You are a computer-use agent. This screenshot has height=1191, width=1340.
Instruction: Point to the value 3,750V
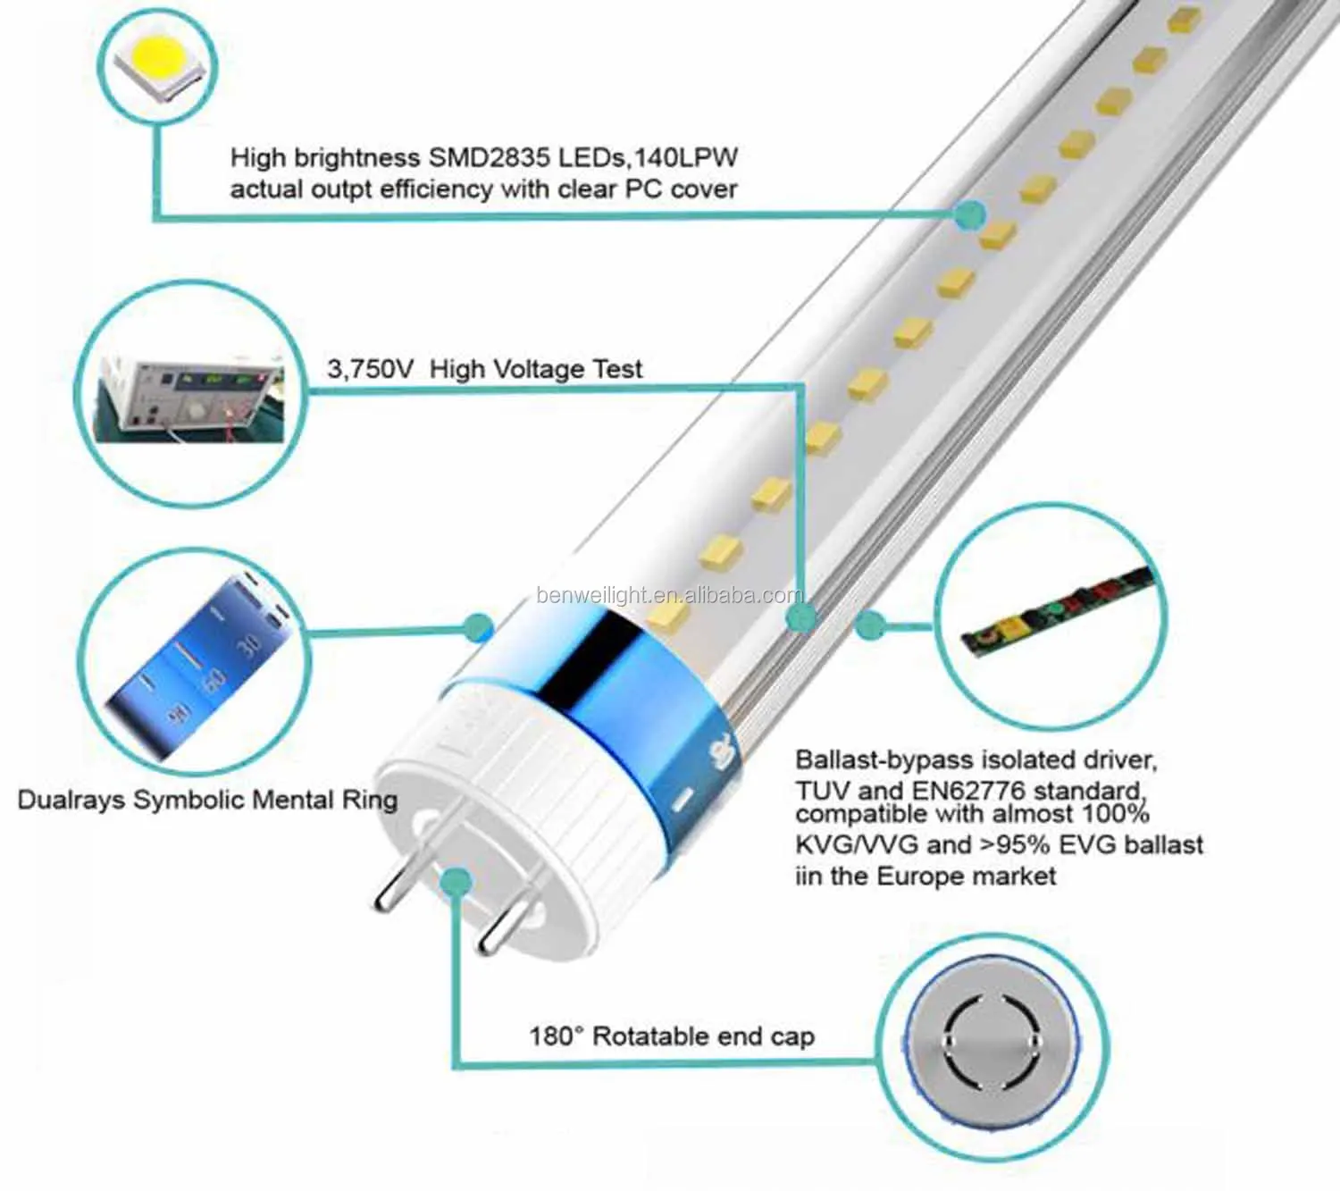click(x=370, y=369)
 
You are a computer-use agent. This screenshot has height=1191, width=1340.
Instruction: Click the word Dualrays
click(x=71, y=799)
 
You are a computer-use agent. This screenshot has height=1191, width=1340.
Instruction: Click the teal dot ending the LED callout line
click(x=969, y=214)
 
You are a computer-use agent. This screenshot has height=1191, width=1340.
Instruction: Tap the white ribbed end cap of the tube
click(x=500, y=786)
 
